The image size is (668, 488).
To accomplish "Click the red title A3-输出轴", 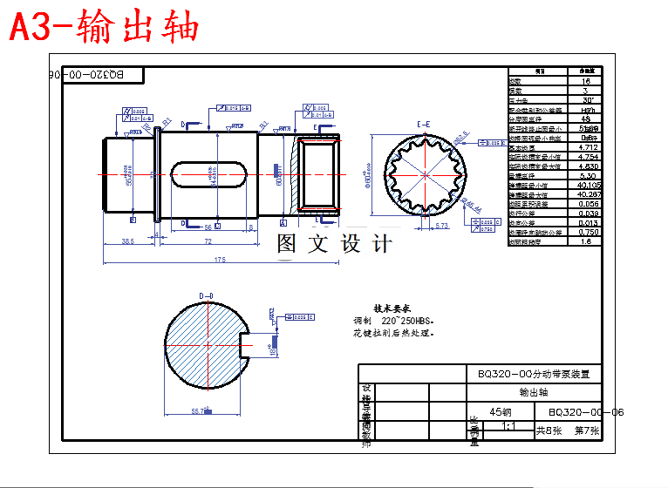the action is (x=104, y=27).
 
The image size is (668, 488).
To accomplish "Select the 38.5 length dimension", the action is (x=127, y=241).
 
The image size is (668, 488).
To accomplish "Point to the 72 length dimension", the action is (x=208, y=241).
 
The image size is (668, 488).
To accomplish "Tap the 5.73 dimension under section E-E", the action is (x=440, y=226).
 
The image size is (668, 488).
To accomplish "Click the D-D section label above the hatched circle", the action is (x=207, y=296).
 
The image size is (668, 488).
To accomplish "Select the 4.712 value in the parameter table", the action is (x=589, y=147).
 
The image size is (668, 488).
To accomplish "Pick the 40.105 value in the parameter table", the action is (x=589, y=185).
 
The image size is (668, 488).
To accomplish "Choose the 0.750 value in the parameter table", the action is (x=589, y=232).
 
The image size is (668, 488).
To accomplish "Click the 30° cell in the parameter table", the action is (x=589, y=100).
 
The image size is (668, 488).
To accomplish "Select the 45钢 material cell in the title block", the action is (x=501, y=412).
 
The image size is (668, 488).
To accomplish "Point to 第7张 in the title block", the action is (x=586, y=430).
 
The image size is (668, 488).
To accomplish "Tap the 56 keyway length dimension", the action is (x=195, y=226).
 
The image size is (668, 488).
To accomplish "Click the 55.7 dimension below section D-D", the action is (x=199, y=411).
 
